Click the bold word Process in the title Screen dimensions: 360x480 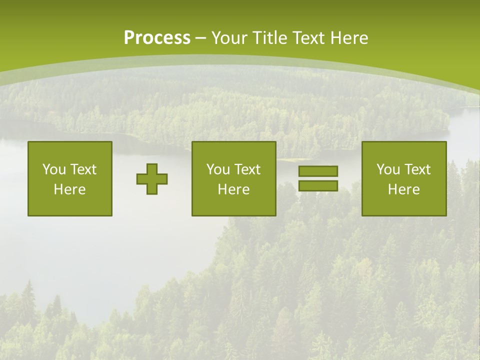[157, 38]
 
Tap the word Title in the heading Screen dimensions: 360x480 [268, 38]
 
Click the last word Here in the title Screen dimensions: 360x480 [349, 38]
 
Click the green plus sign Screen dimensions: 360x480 [152, 179]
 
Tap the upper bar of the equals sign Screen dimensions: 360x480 [318, 171]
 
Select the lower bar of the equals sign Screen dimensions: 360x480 [318, 185]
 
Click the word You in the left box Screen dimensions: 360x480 [53, 169]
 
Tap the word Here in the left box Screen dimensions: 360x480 [70, 189]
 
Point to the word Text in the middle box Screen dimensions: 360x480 [247, 169]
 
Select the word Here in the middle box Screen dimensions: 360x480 [234, 189]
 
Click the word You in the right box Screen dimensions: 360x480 [387, 169]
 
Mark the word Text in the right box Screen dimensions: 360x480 [417, 169]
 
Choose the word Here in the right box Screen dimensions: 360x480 [404, 189]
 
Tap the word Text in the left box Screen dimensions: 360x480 [83, 169]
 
